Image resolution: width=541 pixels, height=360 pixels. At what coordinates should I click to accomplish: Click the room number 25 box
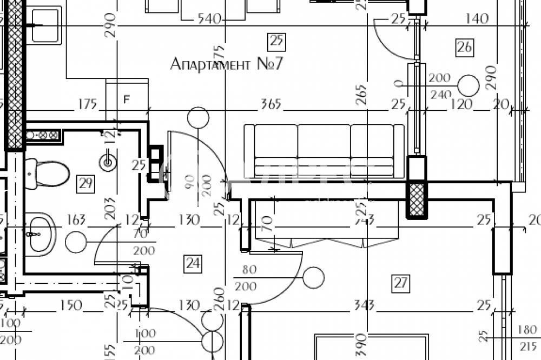coord(276,41)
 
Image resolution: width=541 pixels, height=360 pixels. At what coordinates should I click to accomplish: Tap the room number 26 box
coord(464,47)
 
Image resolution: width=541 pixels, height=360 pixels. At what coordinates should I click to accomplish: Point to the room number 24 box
coord(193,263)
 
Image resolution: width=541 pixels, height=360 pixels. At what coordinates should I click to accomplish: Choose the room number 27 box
coord(401,282)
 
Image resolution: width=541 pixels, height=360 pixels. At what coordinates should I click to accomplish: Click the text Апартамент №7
coord(227,64)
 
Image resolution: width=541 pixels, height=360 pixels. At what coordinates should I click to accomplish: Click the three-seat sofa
coord(324,151)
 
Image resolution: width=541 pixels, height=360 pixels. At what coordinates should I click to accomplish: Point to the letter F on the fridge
coord(127,99)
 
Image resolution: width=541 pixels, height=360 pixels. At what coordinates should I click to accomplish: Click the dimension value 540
coord(210,19)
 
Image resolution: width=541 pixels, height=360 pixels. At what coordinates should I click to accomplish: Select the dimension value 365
coord(271,104)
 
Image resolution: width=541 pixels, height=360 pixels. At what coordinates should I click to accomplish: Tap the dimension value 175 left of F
coord(87,103)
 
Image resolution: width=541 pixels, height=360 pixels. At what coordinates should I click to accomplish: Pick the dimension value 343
coord(364,306)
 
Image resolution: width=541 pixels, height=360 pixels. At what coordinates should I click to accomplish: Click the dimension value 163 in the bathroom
coord(77,220)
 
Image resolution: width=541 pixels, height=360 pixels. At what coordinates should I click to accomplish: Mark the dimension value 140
coord(476,19)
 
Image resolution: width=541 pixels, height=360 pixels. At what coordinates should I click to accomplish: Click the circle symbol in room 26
coord(468,85)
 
